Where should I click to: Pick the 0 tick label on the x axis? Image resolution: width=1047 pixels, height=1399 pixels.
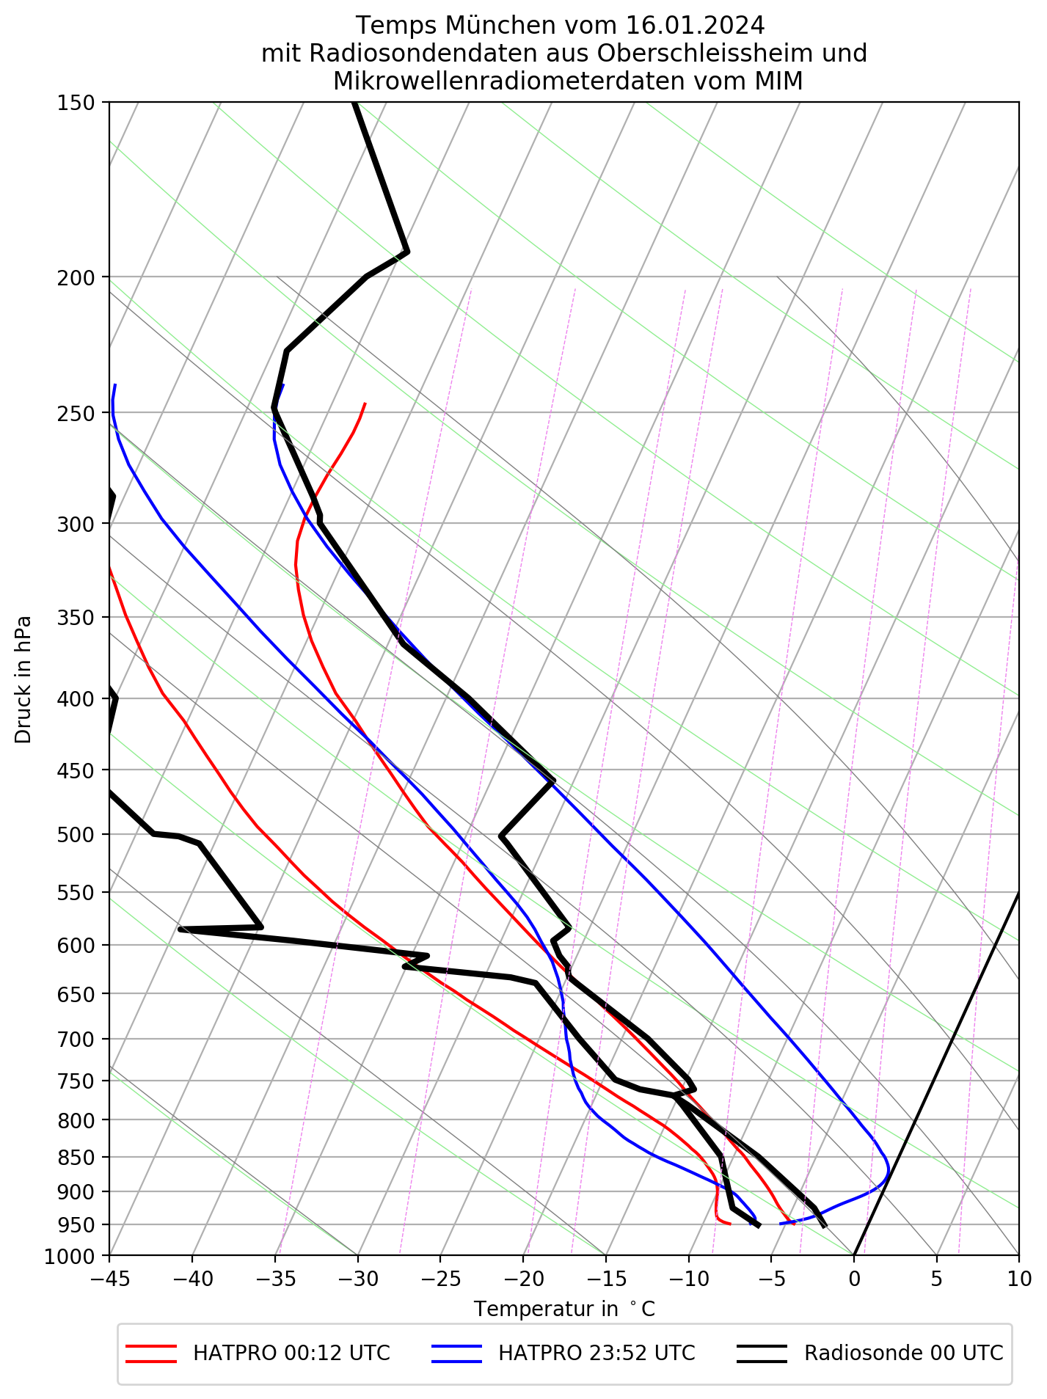(x=853, y=1278)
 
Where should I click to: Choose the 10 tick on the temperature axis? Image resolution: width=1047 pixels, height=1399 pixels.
(x=1018, y=1278)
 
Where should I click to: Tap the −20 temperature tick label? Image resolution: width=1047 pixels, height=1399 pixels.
(x=523, y=1278)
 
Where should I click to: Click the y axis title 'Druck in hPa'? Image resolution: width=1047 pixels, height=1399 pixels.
(x=23, y=679)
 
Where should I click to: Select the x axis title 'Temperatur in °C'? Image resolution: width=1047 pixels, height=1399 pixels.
(x=563, y=1309)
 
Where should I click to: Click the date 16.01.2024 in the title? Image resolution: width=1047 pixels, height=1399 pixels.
(x=696, y=26)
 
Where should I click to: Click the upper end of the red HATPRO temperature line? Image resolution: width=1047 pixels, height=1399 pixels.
(x=365, y=403)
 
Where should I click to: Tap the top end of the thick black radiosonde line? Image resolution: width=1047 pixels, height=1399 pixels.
(x=353, y=103)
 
